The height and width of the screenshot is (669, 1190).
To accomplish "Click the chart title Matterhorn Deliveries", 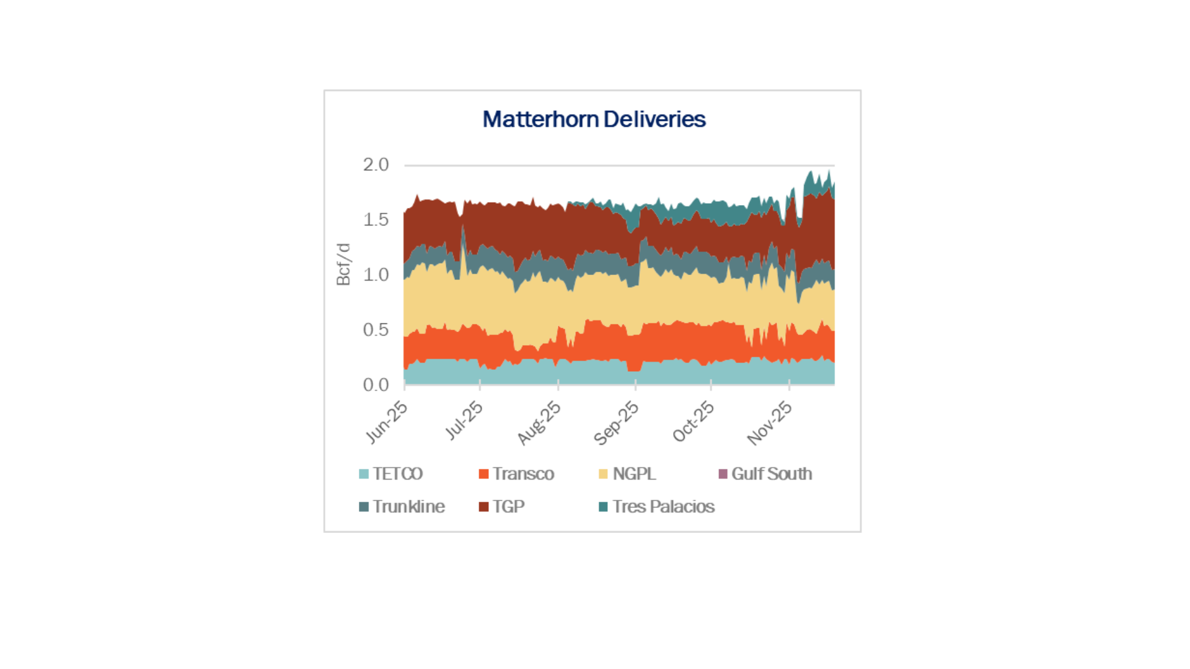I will click(594, 119).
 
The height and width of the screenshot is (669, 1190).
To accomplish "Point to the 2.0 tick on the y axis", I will click(376, 165).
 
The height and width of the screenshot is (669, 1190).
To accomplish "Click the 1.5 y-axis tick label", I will click(376, 220).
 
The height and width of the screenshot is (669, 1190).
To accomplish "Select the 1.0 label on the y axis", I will click(376, 275).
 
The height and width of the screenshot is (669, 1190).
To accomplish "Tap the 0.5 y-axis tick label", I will click(376, 330).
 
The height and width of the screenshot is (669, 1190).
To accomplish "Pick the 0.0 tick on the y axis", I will click(376, 385).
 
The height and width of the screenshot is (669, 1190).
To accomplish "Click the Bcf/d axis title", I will click(343, 265).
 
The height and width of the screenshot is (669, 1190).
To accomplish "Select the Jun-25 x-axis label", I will click(387, 422).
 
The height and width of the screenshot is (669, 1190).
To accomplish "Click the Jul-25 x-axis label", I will click(464, 420).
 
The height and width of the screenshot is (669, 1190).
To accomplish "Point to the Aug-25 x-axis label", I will click(539, 422).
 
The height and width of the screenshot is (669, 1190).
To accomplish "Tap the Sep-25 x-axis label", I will click(616, 422).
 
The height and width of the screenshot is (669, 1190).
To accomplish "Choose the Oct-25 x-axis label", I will click(694, 421).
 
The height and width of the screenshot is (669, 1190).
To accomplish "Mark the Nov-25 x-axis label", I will click(769, 422).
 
